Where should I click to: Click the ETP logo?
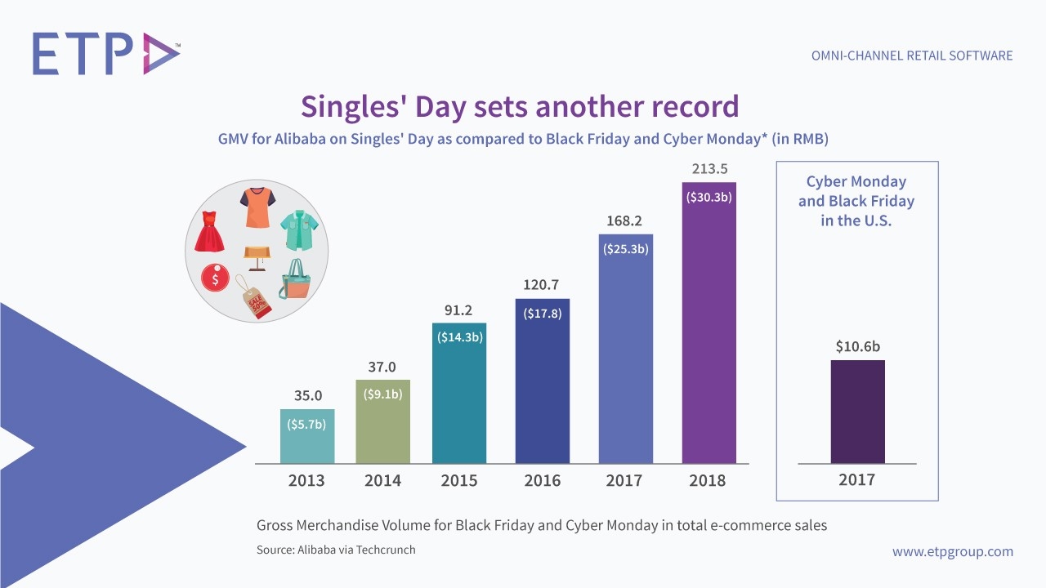click(105, 54)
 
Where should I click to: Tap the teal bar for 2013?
click(306, 436)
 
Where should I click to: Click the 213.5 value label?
click(709, 169)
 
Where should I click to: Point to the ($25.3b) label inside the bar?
click(626, 248)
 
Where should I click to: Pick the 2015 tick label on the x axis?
click(458, 480)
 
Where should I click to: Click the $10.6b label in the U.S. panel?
click(857, 346)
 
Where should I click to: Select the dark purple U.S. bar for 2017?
click(857, 412)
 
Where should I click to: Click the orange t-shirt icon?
click(257, 207)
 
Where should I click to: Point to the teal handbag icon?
click(295, 279)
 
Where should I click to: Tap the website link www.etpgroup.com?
click(952, 551)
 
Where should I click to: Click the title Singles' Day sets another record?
click(520, 106)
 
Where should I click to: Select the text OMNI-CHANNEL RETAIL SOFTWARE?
click(911, 56)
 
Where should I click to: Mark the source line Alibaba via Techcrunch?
click(336, 550)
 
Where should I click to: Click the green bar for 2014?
click(382, 421)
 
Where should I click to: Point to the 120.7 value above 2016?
click(542, 285)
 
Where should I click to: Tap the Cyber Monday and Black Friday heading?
click(856, 201)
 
